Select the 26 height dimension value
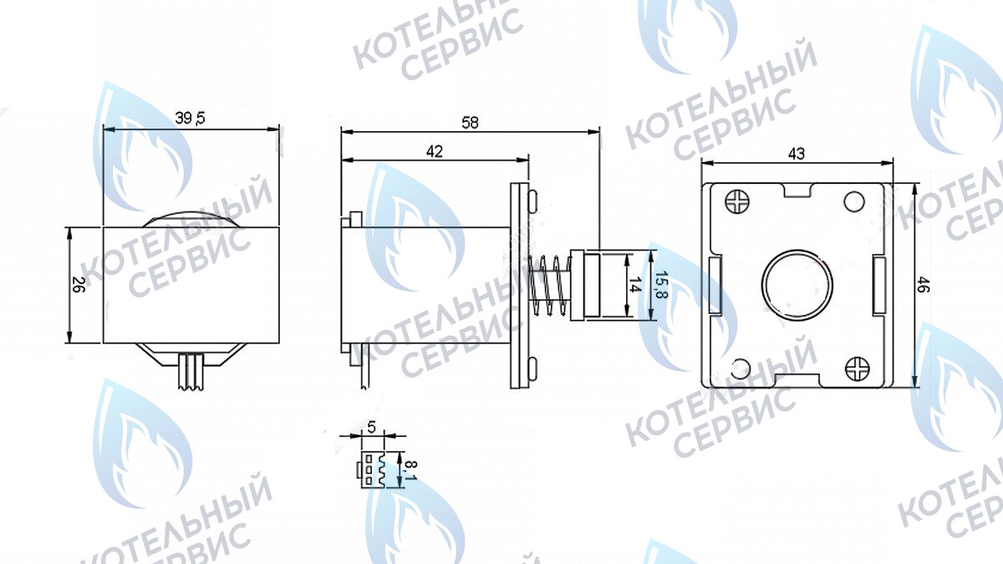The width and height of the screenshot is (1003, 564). click(x=77, y=284)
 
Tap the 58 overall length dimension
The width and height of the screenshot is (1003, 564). click(x=470, y=122)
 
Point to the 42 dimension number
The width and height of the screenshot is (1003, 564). click(x=434, y=151)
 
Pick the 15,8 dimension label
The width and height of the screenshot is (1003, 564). click(x=660, y=285)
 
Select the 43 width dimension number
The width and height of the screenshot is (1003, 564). click(x=797, y=154)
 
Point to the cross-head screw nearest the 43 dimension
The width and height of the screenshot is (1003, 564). click(x=739, y=201)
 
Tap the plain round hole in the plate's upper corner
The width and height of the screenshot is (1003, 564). click(x=854, y=201)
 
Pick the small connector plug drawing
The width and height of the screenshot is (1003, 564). click(x=372, y=470)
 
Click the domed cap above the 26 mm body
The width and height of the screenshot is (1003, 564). click(x=190, y=217)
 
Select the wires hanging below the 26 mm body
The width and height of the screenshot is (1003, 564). click(x=191, y=370)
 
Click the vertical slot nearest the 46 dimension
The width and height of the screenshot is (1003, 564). click(x=878, y=285)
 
